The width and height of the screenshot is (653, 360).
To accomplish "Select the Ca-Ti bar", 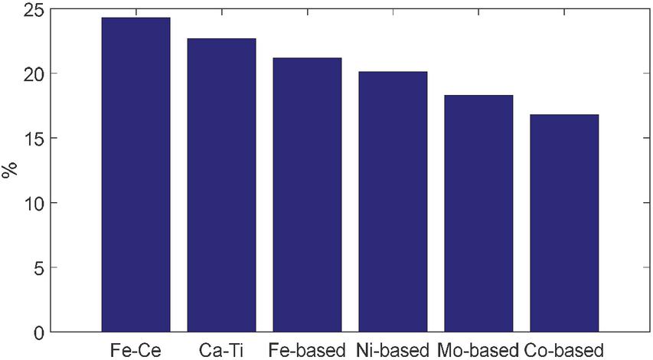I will coord(221,185).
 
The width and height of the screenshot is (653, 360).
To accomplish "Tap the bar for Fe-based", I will coord(307,195).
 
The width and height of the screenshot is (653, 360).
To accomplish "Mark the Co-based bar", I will coord(564,223).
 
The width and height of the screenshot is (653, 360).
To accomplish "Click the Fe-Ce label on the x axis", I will coord(135,349).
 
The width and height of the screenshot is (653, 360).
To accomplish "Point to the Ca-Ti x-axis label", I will coord(221,349).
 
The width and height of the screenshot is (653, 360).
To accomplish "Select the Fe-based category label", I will coord(307,349).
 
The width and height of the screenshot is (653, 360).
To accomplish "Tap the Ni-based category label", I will coord(393,349).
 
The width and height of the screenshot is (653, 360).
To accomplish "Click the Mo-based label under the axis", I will coord(478,349).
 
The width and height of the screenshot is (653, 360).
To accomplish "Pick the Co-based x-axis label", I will coord(565,349).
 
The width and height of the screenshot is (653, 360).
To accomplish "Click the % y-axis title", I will coord(11,170).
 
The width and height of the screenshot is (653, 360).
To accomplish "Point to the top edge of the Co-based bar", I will coord(564,115).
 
